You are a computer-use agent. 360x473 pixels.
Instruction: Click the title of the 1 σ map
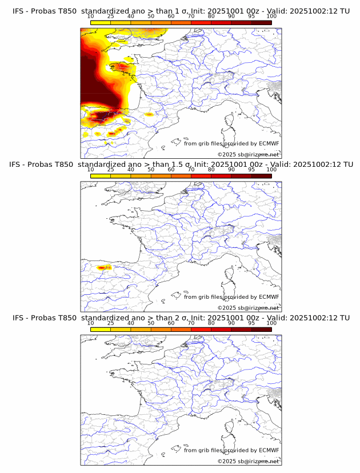pos(181,11)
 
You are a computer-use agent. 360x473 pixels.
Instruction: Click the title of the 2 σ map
pos(181,318)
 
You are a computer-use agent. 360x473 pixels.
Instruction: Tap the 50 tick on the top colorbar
pos(151,17)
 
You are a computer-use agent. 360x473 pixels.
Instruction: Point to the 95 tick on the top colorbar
pos(251,17)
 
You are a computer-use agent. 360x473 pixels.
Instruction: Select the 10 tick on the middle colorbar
pos(91,170)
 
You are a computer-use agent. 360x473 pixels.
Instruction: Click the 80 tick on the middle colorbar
pos(211,170)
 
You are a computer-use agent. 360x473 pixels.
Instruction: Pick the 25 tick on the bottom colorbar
pos(111,323)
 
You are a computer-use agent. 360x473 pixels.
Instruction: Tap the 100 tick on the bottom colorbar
pos(271,323)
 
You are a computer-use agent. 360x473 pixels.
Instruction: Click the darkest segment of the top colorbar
pos(261,23)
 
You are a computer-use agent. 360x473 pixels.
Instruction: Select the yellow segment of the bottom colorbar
pos(101,330)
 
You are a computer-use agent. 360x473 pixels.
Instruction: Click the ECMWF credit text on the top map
pos(231,143)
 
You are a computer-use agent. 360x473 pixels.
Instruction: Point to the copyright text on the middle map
pos(248,308)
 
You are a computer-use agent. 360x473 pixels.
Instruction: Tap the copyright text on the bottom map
pos(248,461)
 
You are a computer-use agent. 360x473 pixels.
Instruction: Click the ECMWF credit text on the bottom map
pos(231,450)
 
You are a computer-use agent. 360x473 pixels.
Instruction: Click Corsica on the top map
pos(231,121)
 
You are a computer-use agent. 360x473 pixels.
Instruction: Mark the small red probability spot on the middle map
pos(103,267)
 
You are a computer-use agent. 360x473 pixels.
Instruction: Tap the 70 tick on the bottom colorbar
pos(191,323)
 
